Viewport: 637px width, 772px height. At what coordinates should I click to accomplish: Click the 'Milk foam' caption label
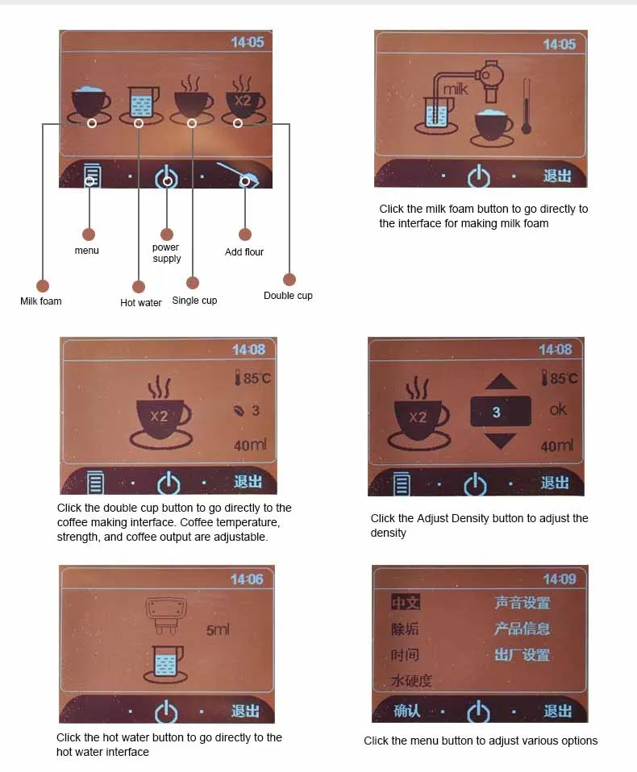click(x=40, y=301)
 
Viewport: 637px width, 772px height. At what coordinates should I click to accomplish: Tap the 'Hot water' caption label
click(x=141, y=303)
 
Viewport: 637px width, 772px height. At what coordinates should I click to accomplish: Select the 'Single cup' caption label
click(x=194, y=301)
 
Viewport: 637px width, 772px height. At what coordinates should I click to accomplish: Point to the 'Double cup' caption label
click(x=288, y=296)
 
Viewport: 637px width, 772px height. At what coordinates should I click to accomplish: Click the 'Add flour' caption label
click(x=244, y=252)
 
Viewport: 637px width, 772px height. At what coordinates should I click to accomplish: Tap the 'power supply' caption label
click(x=166, y=253)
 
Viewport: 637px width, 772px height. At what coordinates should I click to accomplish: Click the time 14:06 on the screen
click(x=247, y=579)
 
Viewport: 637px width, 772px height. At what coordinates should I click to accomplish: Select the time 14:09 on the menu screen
click(x=559, y=579)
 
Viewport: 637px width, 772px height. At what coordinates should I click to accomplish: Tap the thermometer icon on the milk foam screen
click(x=526, y=106)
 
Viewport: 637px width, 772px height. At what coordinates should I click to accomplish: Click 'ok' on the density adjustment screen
click(x=558, y=409)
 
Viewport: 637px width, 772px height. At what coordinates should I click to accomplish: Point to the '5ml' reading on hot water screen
click(x=218, y=629)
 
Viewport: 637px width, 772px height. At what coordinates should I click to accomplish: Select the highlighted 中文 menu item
click(x=406, y=603)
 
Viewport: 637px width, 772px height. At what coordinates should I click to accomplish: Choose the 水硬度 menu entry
click(x=411, y=681)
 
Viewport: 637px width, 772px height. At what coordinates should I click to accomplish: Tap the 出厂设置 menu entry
click(x=522, y=654)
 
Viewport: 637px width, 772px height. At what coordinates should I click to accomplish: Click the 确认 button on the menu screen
click(x=407, y=711)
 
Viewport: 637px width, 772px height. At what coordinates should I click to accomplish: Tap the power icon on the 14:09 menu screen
click(x=478, y=712)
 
